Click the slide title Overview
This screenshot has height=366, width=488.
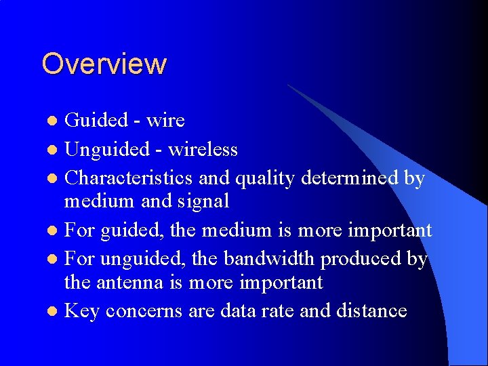104,64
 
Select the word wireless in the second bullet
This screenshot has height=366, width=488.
203,148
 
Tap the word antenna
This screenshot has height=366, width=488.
127,282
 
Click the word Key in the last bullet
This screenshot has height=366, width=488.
81,310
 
